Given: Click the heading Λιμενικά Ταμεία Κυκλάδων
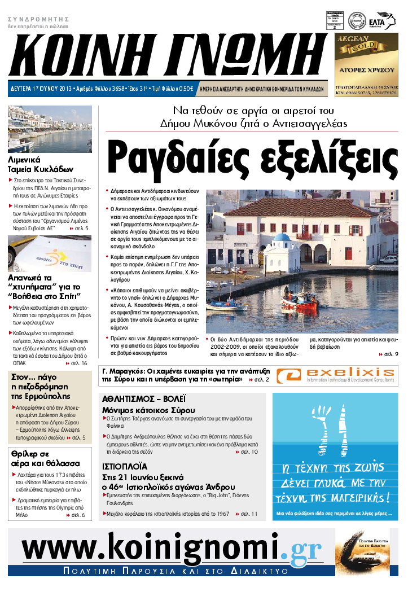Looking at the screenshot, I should tap(41, 164).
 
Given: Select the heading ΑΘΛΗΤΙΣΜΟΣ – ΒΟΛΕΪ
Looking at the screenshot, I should tap(144, 398).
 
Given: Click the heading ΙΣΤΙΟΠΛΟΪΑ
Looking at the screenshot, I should tap(125, 467).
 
